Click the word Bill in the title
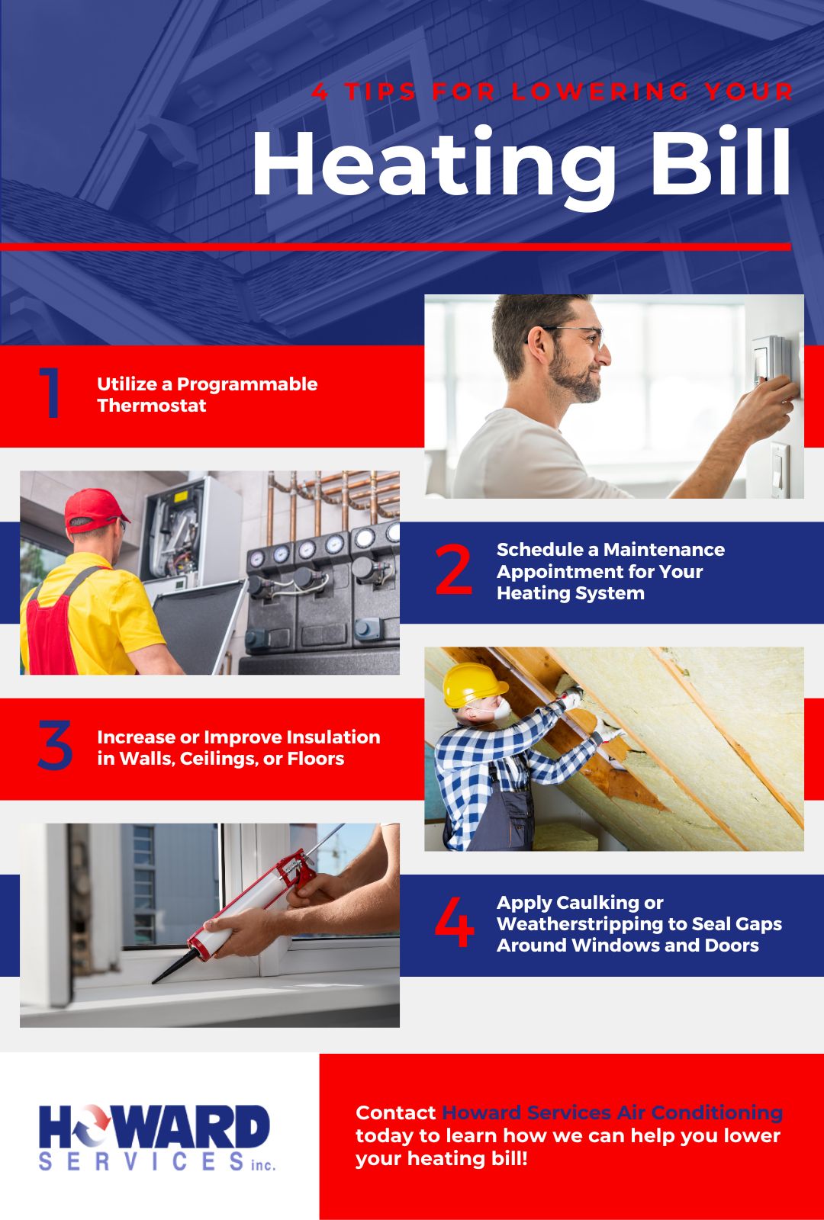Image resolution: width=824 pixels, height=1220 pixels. pyautogui.click(x=720, y=163)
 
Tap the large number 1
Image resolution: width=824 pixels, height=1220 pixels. pyautogui.click(x=50, y=393)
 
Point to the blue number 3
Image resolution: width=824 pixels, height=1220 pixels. pyautogui.click(x=55, y=746)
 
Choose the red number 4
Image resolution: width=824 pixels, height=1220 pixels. pyautogui.click(x=454, y=923)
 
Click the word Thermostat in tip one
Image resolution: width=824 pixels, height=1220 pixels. pyautogui.click(x=152, y=406)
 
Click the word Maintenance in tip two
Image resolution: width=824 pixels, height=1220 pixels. pyautogui.click(x=664, y=550)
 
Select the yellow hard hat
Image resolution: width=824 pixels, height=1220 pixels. pyautogui.click(x=472, y=682)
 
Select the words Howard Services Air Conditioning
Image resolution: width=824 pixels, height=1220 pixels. pyautogui.click(x=612, y=1112)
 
